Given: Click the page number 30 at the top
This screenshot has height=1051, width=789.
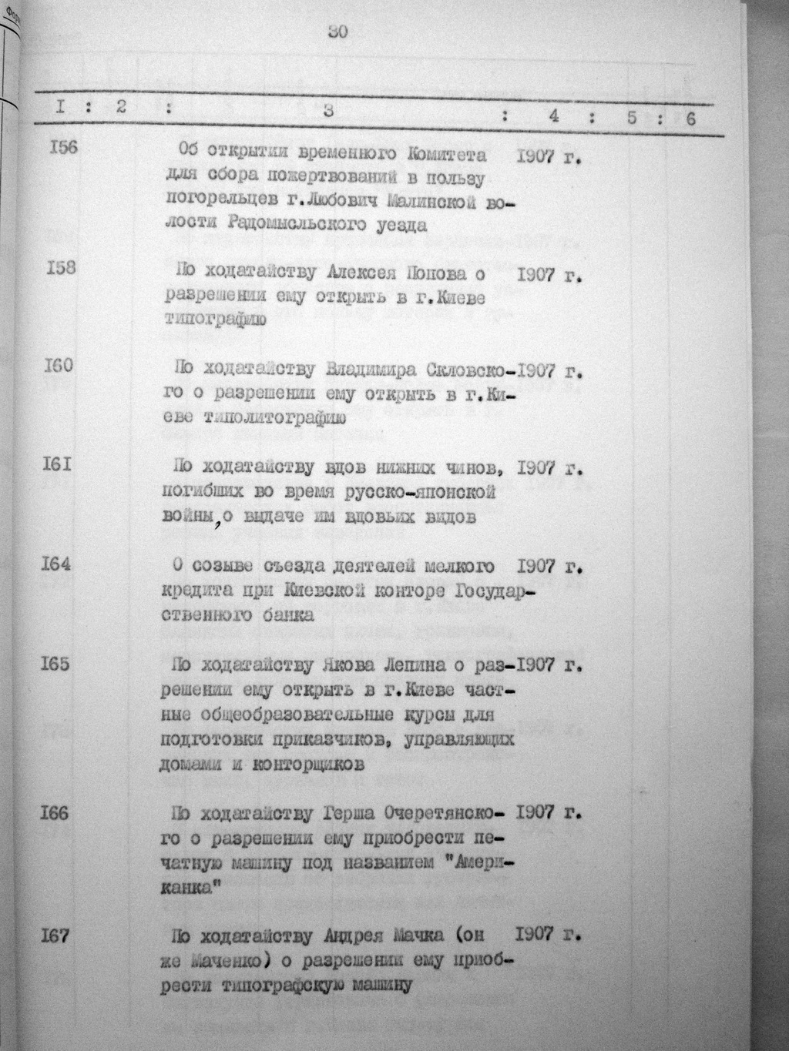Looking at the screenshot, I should tap(337, 32).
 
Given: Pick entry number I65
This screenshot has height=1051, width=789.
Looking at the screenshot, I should tap(55, 663).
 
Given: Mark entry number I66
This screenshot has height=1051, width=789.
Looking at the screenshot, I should tap(55, 812).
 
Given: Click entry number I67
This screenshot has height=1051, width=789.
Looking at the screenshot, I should tap(55, 936).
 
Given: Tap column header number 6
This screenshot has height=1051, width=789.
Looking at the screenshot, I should tap(690, 119).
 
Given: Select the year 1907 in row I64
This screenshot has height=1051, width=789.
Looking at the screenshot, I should tap(537, 567).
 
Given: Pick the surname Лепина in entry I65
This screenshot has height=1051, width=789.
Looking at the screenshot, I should tap(418, 664).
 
